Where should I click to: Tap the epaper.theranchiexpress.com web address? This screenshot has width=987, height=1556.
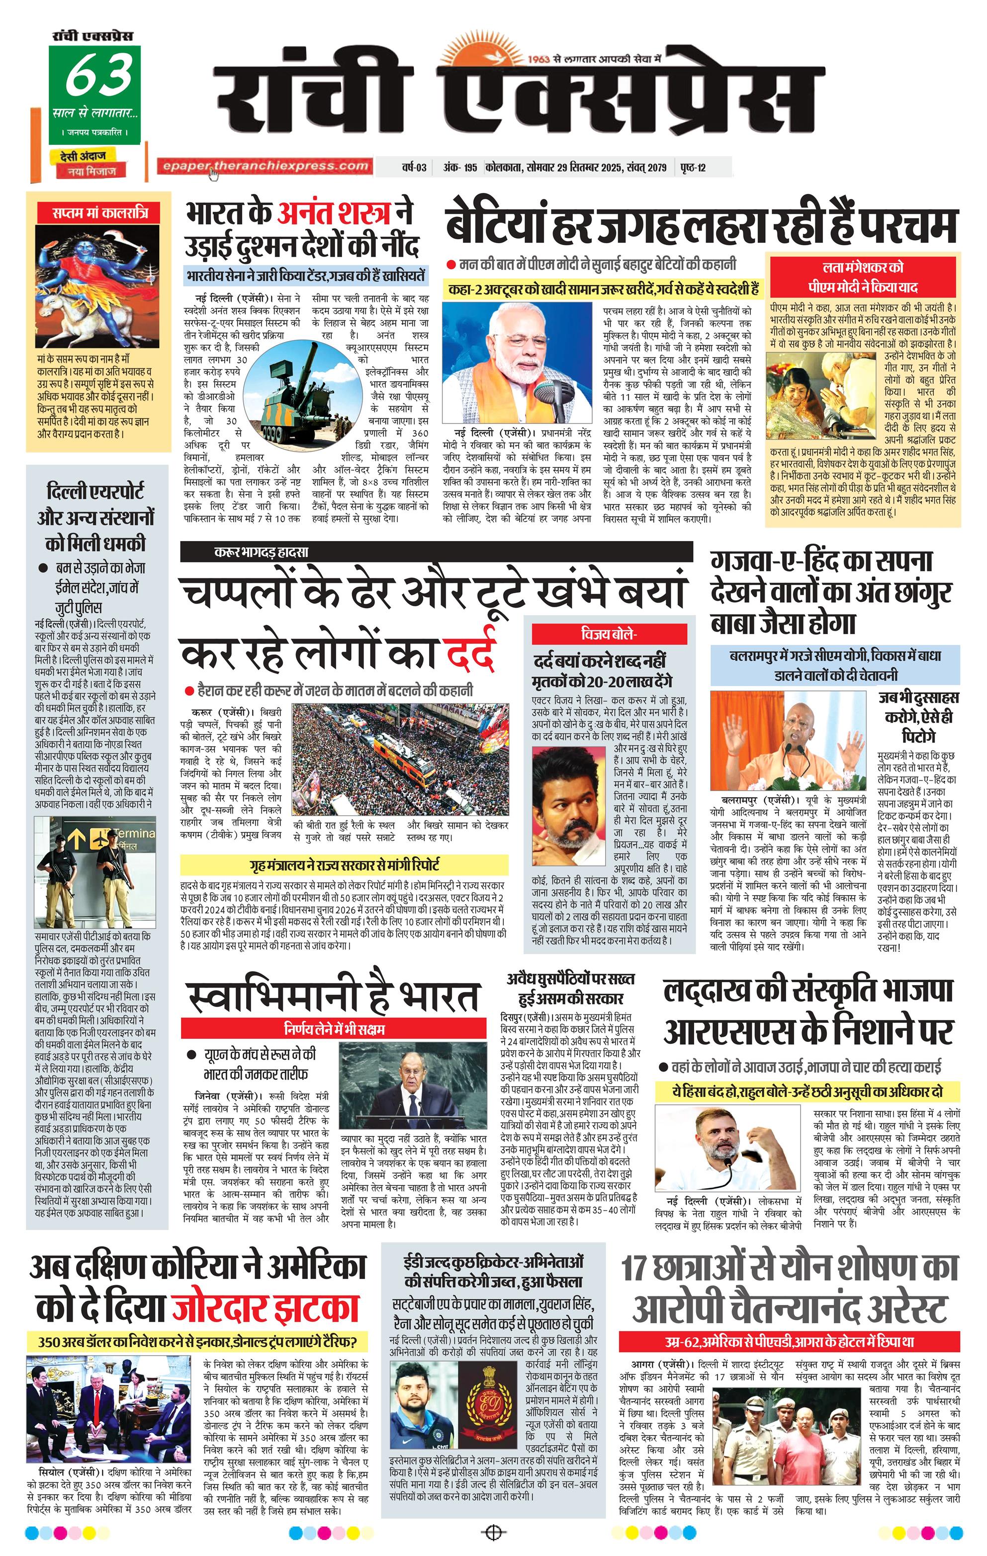click(x=265, y=166)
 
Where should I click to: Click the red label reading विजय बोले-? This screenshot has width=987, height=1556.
click(x=609, y=635)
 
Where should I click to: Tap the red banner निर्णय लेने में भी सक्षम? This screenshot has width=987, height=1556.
click(x=334, y=1028)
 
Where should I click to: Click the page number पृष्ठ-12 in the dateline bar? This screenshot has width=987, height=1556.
click(x=693, y=168)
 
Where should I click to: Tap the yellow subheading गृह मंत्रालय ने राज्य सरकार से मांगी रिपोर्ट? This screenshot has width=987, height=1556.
click(x=344, y=865)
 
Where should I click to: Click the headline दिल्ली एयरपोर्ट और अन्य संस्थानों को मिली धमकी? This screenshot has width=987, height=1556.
click(x=95, y=517)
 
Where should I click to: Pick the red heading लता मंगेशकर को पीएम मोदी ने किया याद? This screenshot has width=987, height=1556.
click(x=864, y=276)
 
